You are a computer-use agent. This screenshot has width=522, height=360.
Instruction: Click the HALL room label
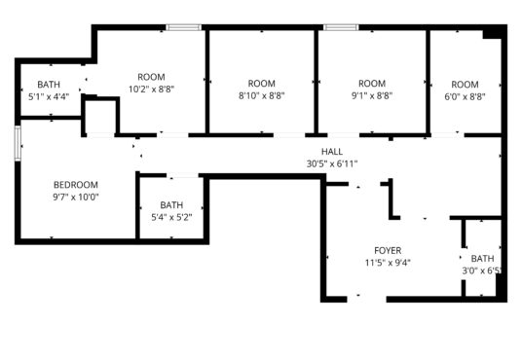[x=332, y=152]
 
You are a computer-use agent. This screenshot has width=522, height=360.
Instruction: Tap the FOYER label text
[x=388, y=250]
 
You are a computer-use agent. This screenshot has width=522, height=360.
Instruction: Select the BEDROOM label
[x=76, y=185]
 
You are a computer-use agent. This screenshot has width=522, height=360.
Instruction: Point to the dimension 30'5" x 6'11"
[x=332, y=163]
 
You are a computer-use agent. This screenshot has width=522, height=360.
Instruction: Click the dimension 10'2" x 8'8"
[x=152, y=90]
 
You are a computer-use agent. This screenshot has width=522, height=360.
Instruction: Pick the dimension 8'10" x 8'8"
[x=262, y=95]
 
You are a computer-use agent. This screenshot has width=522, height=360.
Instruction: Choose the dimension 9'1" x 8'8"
[x=372, y=95]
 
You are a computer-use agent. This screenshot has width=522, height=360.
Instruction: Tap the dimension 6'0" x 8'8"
[x=465, y=97]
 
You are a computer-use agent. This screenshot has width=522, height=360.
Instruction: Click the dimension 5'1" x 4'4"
[x=49, y=97]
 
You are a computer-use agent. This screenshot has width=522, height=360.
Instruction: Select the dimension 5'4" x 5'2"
[x=171, y=218]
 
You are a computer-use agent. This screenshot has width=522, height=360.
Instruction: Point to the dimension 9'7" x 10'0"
[x=76, y=197]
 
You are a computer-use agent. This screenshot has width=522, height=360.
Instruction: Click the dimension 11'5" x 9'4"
[x=388, y=263]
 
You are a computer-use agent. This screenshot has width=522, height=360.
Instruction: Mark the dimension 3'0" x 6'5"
[x=482, y=270]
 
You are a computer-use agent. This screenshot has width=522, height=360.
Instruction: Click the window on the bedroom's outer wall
[x=18, y=144]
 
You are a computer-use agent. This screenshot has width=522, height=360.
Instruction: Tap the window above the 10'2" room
[x=184, y=27]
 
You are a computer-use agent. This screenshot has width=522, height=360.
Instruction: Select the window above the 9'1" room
[x=341, y=27]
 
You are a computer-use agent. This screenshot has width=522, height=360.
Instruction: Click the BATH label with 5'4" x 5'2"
[x=171, y=205]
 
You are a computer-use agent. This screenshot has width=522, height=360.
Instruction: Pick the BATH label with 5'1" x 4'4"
[x=49, y=85]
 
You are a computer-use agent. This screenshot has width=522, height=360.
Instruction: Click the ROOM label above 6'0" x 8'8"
[x=465, y=85]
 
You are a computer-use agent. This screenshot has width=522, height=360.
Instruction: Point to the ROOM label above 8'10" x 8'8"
[x=262, y=84]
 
